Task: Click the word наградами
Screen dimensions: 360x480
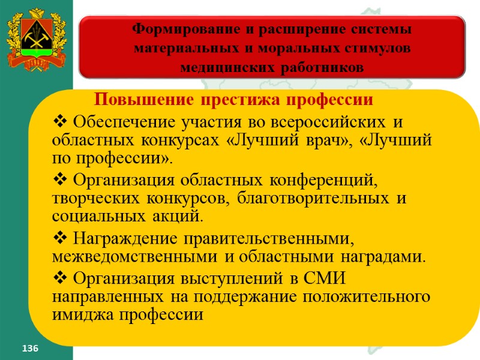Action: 392,258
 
